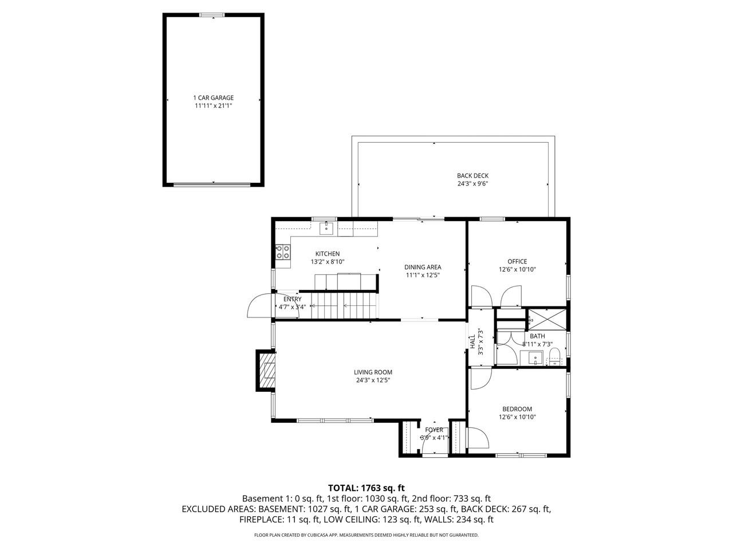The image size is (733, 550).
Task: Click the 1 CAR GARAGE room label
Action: (x=213, y=98)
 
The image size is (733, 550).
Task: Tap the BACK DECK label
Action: (x=472, y=176)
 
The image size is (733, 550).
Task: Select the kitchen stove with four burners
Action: (x=283, y=252)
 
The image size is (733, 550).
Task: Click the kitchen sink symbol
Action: (x=326, y=229)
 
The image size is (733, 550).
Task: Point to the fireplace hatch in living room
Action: (x=267, y=371)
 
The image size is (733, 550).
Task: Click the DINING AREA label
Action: (x=423, y=267)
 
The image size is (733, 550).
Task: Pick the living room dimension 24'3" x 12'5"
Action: (x=373, y=380)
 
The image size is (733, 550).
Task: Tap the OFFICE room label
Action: (x=517, y=262)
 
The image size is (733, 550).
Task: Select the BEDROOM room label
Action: (x=517, y=409)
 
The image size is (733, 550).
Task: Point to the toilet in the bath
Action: (x=555, y=360)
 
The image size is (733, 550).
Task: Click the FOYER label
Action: (x=434, y=430)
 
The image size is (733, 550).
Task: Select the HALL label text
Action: (x=472, y=342)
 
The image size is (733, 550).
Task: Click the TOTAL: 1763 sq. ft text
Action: (x=366, y=488)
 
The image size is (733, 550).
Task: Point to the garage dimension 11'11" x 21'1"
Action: (x=213, y=106)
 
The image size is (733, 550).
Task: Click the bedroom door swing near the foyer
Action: (x=478, y=440)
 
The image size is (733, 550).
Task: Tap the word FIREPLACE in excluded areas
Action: (x=262, y=520)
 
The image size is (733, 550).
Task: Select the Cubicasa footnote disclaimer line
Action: (x=366, y=535)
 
